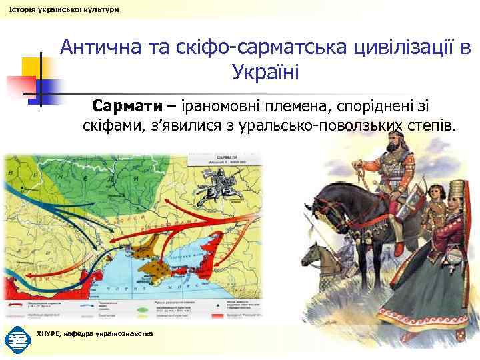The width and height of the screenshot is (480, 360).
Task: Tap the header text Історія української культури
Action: (x=61, y=9)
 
